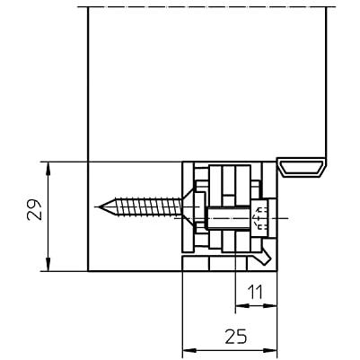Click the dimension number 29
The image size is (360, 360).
[34, 209]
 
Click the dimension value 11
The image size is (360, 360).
[255, 292]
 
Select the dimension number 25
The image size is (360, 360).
[236, 337]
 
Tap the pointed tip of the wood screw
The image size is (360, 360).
[100, 206]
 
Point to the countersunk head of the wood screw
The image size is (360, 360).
[187, 206]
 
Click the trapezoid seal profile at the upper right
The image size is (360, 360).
[302, 167]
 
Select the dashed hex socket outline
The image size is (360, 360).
[260, 218]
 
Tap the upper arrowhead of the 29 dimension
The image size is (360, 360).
[48, 168]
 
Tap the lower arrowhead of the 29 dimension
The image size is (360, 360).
[48, 265]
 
